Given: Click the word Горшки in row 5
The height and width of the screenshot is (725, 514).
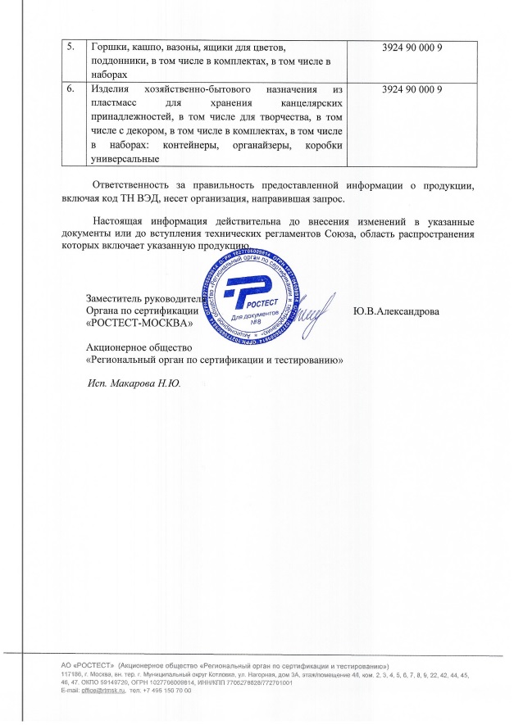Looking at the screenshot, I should pos(108,48).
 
